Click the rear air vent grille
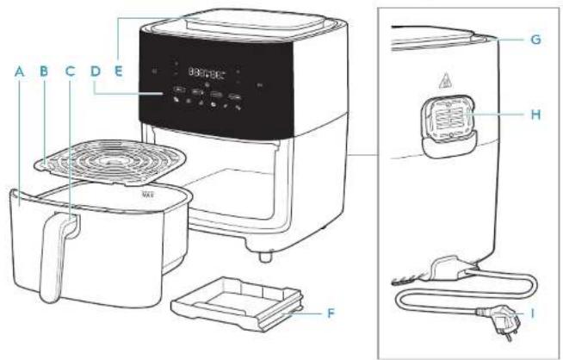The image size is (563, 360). pos(446,127)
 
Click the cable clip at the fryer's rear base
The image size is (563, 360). pos(448,266)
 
